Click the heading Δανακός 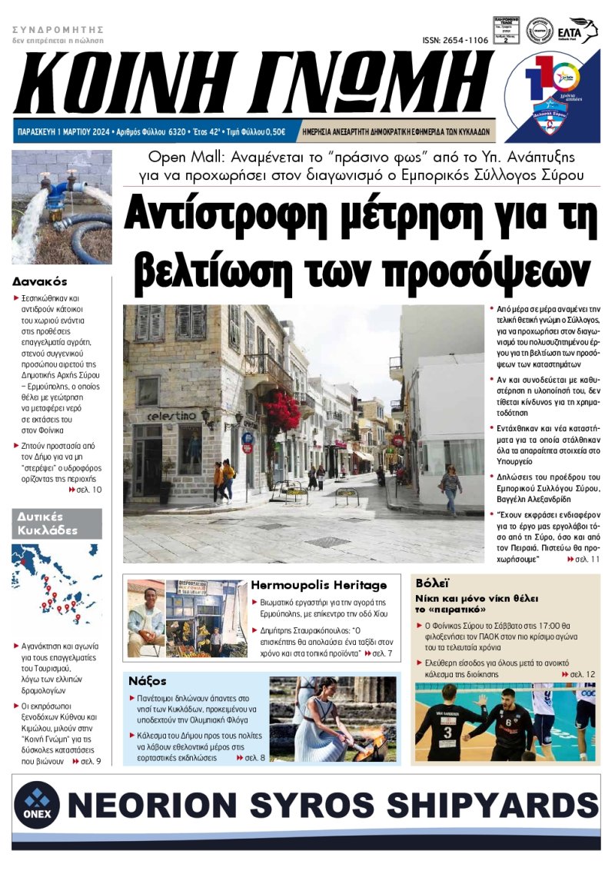coord(40,281)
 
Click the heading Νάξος coord(148,680)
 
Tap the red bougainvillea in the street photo coord(281,410)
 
